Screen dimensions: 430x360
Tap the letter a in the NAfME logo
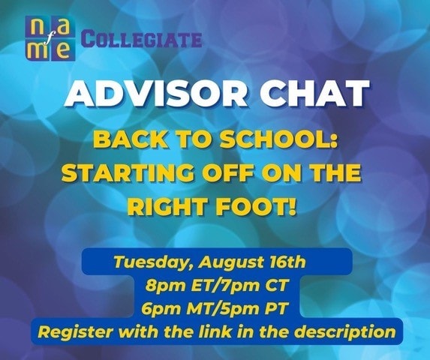point(62,28)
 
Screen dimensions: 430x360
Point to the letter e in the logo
point(62,51)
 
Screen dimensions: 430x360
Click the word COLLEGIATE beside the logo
point(142,40)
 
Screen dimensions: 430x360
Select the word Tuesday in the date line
point(154,262)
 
